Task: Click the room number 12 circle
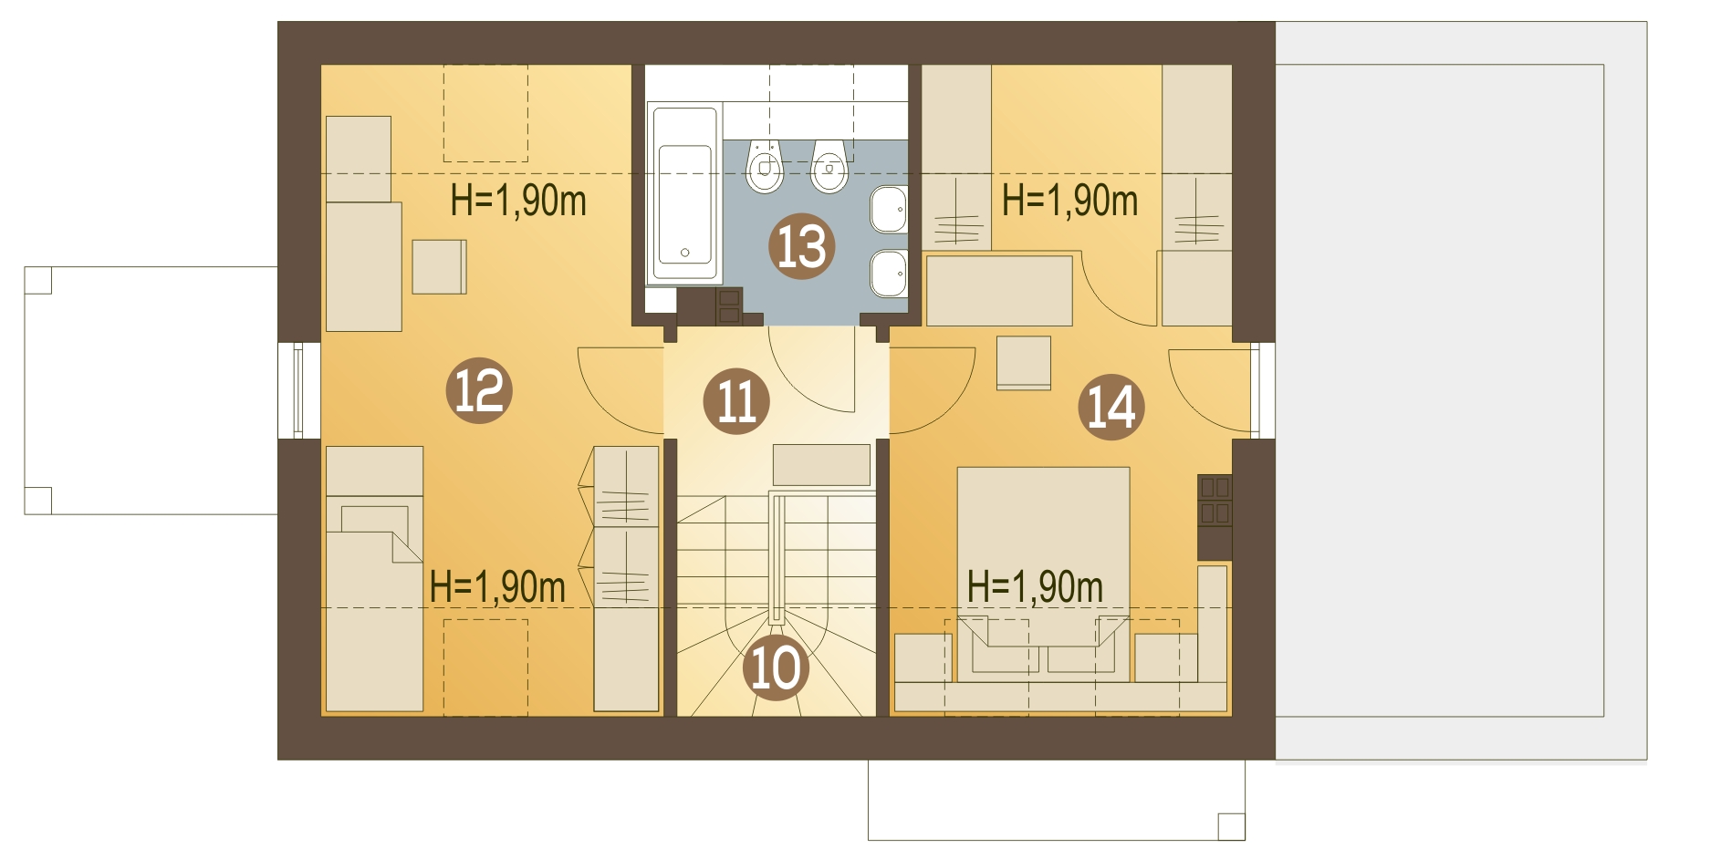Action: pos(479,391)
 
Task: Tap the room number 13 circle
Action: pos(802,247)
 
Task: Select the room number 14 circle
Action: pos(1111,407)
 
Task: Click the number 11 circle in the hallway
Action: pos(736,401)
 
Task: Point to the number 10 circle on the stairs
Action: pos(776,668)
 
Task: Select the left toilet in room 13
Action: pos(765,168)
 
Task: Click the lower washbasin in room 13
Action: pos(888,273)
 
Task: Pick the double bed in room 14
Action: pos(1043,547)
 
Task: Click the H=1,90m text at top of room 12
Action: pos(518,201)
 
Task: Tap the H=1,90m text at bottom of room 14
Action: pos(1035,587)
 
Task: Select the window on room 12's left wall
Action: pos(298,390)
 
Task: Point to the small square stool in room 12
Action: pos(439,266)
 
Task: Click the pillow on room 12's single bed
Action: pos(374,520)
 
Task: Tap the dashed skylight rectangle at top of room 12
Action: pos(485,113)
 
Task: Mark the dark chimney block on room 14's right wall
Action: pos(1215,516)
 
